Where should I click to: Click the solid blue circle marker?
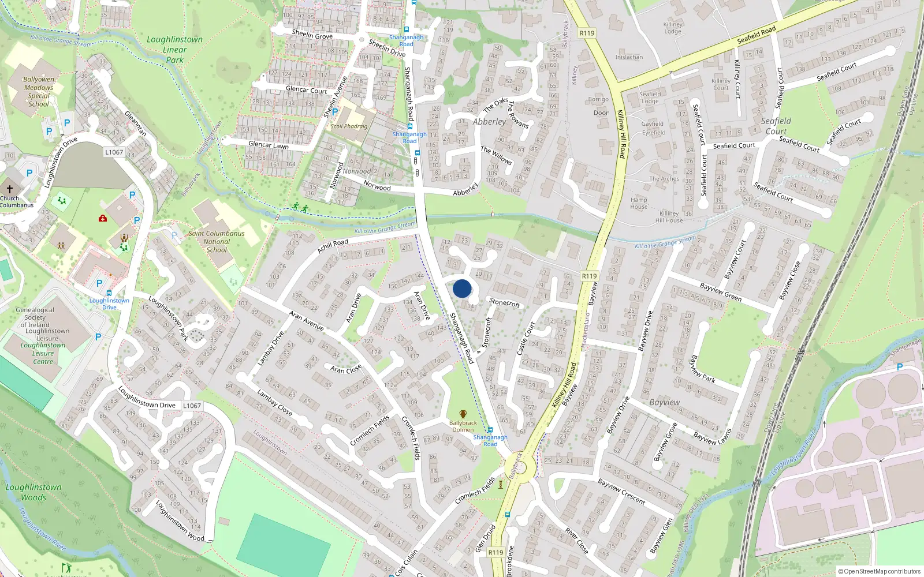[462, 288]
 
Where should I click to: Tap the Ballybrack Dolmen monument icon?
[463, 414]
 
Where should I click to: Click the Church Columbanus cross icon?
[10, 189]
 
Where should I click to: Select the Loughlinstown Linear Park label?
[174, 50]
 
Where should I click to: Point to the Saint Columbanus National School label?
[217, 242]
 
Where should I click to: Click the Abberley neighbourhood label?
[489, 122]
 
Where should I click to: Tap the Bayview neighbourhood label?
[664, 402]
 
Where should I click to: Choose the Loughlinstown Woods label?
[33, 492]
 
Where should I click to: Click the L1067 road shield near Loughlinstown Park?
[114, 152]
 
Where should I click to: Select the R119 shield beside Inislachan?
[587, 33]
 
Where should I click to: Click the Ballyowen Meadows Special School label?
[39, 92]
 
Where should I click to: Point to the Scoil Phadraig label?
[349, 126]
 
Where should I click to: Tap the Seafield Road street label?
[756, 35]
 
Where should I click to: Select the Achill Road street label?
[333, 246]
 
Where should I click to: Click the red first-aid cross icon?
[103, 219]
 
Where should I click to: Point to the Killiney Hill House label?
[669, 217]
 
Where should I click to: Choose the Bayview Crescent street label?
[621, 492]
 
